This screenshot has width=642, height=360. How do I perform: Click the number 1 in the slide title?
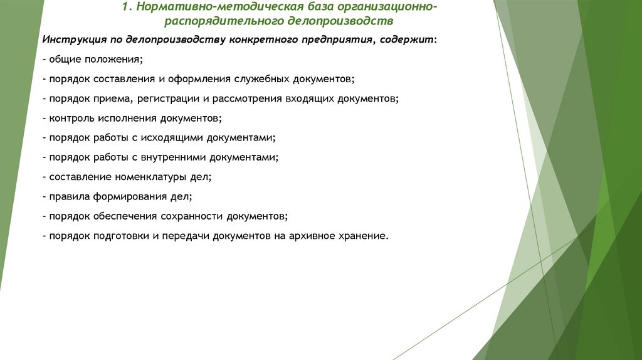tap(125, 8)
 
